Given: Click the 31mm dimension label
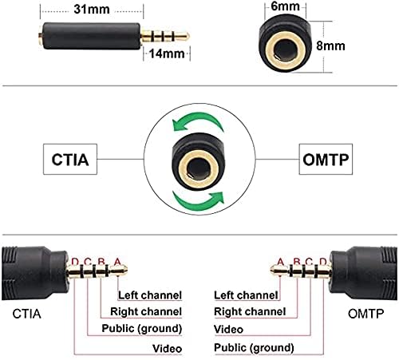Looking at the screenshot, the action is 92,10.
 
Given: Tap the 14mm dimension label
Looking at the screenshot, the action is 167,53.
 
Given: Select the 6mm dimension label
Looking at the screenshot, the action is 285,6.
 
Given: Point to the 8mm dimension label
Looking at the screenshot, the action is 330,45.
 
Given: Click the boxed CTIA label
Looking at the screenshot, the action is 70,160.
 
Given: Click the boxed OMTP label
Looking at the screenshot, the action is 326,160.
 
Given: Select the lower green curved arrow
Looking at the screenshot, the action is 198,201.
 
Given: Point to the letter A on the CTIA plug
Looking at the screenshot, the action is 117,262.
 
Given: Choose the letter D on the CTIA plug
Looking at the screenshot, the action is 75,262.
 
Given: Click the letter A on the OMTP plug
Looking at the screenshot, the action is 280,262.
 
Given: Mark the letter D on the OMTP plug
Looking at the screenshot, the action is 322,262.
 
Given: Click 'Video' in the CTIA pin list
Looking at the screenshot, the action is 167,349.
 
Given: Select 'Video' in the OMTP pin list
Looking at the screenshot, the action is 228,330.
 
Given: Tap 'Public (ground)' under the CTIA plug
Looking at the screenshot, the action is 142,329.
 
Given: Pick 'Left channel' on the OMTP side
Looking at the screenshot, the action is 246,295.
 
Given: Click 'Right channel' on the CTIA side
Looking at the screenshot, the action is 146,311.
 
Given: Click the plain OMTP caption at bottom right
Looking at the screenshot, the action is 366,314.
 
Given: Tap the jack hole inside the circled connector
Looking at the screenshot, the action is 199,168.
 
